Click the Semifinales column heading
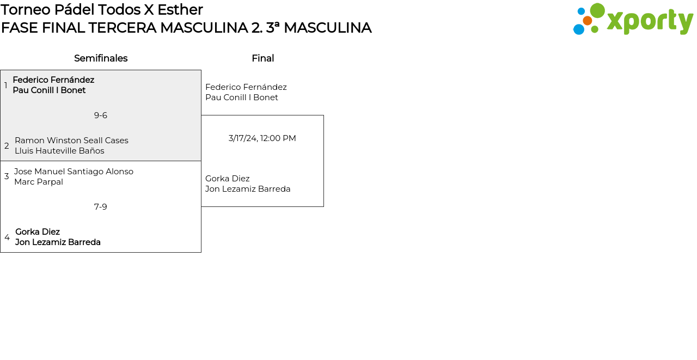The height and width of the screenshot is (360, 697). (101, 58)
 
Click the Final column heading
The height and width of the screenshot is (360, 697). (262, 58)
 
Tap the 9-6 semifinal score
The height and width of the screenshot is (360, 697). (101, 115)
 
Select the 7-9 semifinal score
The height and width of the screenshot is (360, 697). (101, 207)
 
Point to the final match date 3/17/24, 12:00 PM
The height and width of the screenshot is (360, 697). (262, 138)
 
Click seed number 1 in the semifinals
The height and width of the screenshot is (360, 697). (6, 86)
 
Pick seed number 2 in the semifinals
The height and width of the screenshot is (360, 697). (7, 146)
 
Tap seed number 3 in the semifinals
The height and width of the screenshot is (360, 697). (7, 176)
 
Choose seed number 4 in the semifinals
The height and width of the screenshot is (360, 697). (7, 237)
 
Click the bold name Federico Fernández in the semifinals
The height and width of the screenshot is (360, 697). (53, 80)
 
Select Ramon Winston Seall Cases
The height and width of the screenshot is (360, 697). (71, 141)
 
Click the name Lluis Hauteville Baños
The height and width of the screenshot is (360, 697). (59, 151)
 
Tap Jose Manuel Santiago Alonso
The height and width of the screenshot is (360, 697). (74, 172)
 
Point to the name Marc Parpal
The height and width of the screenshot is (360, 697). (39, 182)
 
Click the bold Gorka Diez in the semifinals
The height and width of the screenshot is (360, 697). (38, 232)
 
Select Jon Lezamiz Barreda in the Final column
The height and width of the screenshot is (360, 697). (248, 189)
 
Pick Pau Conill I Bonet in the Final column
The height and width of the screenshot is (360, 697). (242, 97)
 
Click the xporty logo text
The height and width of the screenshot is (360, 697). (649, 22)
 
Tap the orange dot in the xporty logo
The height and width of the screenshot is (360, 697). (588, 21)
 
